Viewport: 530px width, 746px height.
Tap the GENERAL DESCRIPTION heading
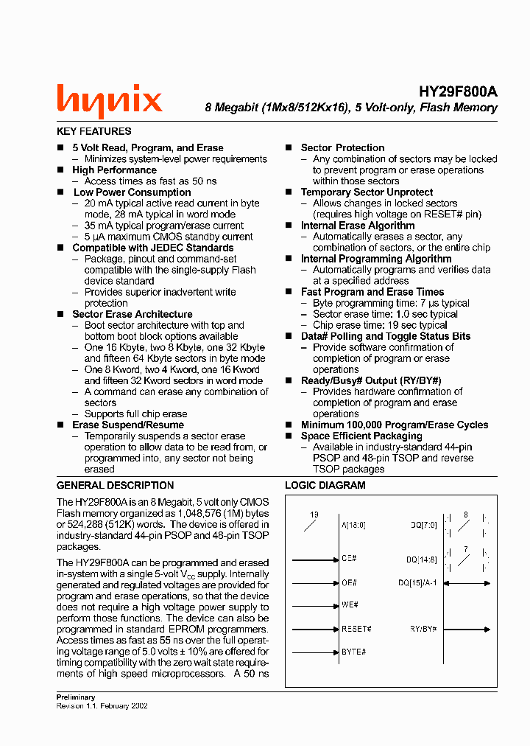click(x=116, y=485)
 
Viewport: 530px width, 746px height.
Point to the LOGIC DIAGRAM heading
click(x=325, y=485)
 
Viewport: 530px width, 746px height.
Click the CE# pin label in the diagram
click(x=349, y=559)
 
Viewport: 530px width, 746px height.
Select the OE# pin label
click(x=349, y=582)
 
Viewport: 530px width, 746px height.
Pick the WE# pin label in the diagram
click(x=350, y=604)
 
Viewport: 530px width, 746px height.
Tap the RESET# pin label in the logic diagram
click(x=356, y=629)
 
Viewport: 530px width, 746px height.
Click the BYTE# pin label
click(x=353, y=652)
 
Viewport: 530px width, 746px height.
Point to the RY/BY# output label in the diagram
click(x=424, y=629)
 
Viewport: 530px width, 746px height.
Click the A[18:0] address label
click(x=353, y=525)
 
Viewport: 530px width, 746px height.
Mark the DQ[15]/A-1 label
click(x=417, y=582)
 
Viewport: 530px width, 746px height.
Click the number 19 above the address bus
click(x=314, y=515)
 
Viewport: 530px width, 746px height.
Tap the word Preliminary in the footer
click(x=76, y=697)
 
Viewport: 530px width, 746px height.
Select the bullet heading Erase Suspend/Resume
click(x=128, y=425)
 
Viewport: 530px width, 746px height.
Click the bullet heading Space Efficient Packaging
click(x=361, y=436)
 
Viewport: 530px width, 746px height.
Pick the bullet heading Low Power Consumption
click(x=132, y=192)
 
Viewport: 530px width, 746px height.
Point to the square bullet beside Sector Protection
click(x=289, y=148)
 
